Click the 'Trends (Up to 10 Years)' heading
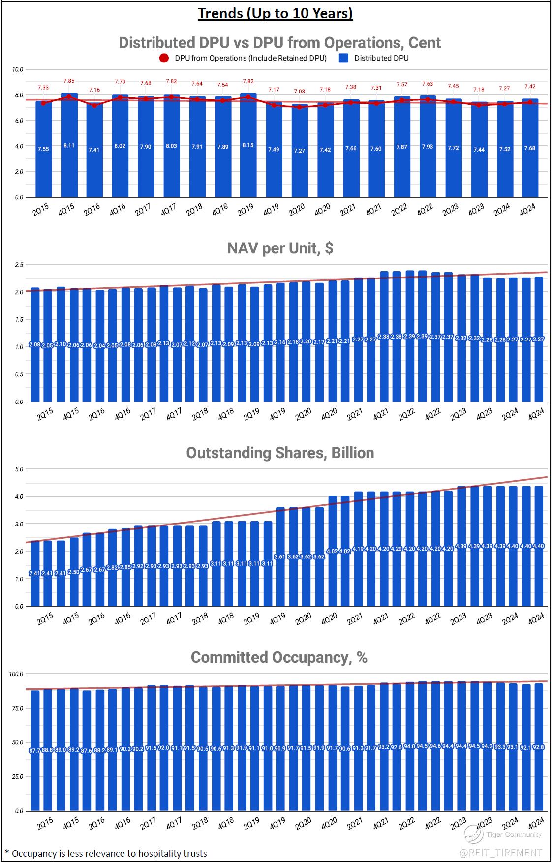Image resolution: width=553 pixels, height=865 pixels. (x=276, y=13)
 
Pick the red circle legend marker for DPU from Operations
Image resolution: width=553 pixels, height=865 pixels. (x=164, y=58)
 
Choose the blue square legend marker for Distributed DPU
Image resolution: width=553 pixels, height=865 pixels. (x=344, y=58)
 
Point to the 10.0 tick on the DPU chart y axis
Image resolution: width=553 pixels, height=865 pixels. (x=18, y=69)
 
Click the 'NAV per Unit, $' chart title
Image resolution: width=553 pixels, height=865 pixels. (x=280, y=248)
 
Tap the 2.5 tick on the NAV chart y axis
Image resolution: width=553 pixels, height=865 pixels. (x=19, y=265)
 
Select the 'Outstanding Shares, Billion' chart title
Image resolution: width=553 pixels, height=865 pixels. (x=280, y=453)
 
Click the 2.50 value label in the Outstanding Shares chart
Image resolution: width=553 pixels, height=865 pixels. (x=74, y=572)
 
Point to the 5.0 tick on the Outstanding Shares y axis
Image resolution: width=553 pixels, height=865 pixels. (x=19, y=469)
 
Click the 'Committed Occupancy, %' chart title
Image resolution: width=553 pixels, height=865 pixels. (x=279, y=657)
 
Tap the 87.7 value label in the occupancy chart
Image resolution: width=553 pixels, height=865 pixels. (x=35, y=751)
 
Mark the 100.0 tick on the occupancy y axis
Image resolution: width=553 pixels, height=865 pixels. (x=17, y=674)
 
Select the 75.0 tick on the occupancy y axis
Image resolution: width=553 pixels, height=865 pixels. (x=17, y=708)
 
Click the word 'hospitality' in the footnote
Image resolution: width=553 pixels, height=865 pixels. (x=148, y=853)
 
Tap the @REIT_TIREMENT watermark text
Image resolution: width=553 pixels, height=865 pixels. (x=501, y=852)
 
